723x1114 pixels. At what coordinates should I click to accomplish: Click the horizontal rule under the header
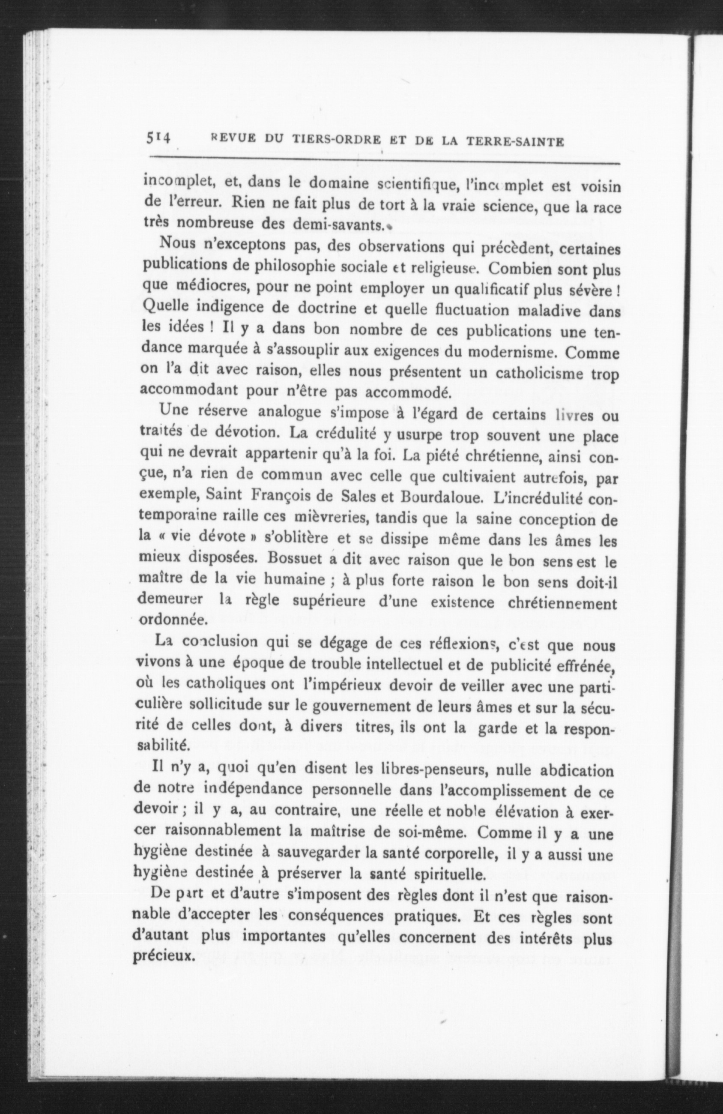tap(384, 162)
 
